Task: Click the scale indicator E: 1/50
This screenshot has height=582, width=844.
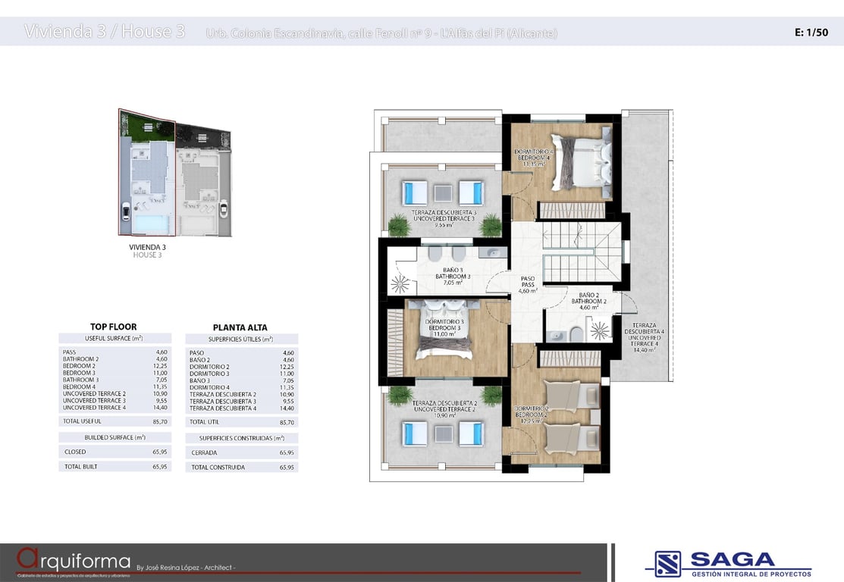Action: pyautogui.click(x=811, y=33)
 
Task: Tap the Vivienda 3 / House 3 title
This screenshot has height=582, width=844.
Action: pyautogui.click(x=105, y=32)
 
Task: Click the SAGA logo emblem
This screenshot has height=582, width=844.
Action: pyautogui.click(x=667, y=563)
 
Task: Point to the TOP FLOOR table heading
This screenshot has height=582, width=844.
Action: pyautogui.click(x=113, y=327)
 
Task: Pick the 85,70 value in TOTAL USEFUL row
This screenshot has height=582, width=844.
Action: pyautogui.click(x=159, y=421)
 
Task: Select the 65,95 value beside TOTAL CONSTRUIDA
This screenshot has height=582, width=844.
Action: pyautogui.click(x=286, y=468)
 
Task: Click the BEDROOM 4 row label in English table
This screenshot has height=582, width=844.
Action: pyautogui.click(x=79, y=386)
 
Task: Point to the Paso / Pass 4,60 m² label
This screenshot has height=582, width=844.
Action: pyautogui.click(x=528, y=284)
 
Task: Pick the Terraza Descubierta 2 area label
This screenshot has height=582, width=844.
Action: pyautogui.click(x=444, y=409)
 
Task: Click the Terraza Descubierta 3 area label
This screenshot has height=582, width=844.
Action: pyautogui.click(x=444, y=218)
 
